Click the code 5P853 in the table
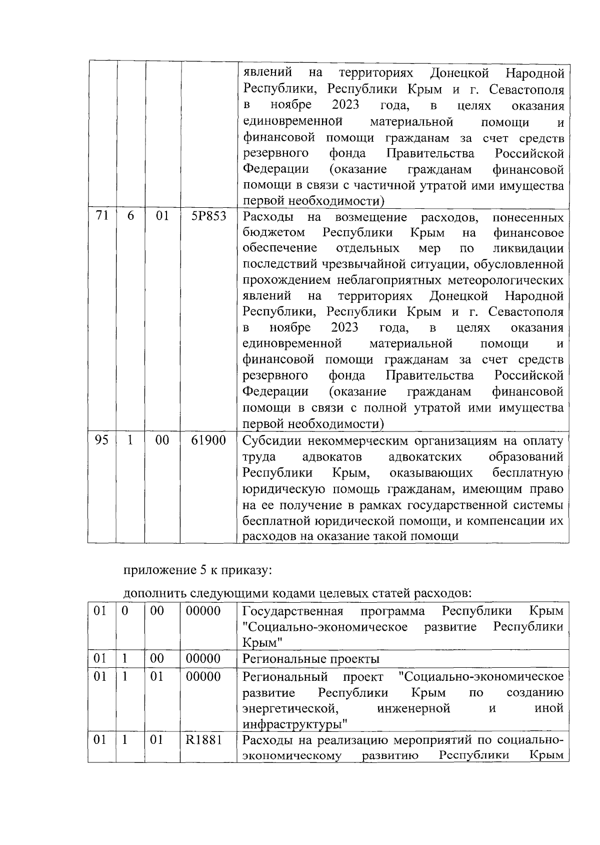pos(208,217)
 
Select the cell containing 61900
pos(208,441)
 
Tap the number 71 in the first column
pos(102,217)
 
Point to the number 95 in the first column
pos(102,441)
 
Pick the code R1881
pos(203,740)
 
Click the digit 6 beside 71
pos(130,217)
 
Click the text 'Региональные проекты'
pos(310,659)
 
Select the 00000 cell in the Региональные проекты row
pos(203,659)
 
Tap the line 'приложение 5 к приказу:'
pos(197,570)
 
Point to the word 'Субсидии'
pos(270,441)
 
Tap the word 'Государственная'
pos(292,611)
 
